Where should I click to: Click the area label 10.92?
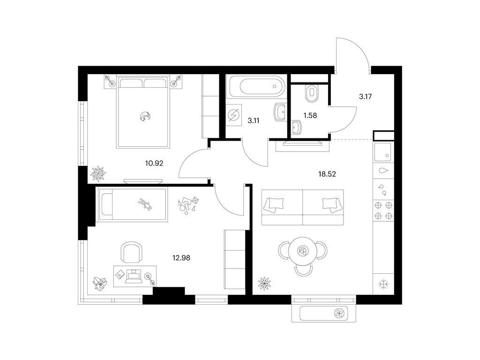(154, 164)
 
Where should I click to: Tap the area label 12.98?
(181, 258)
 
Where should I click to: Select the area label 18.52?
(327, 174)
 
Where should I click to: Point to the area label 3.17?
(365, 97)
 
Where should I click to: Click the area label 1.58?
(310, 116)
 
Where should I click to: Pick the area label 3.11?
(254, 120)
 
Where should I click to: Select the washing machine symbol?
(233, 115)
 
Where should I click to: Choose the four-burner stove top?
(383, 210)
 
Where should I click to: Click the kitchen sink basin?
(382, 152)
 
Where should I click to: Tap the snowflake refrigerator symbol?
(383, 285)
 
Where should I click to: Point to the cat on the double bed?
(144, 116)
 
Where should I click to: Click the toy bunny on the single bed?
(145, 204)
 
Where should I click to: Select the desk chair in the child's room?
(132, 252)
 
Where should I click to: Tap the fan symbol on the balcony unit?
(339, 313)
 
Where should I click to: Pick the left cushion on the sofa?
(275, 204)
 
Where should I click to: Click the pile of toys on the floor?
(187, 205)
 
